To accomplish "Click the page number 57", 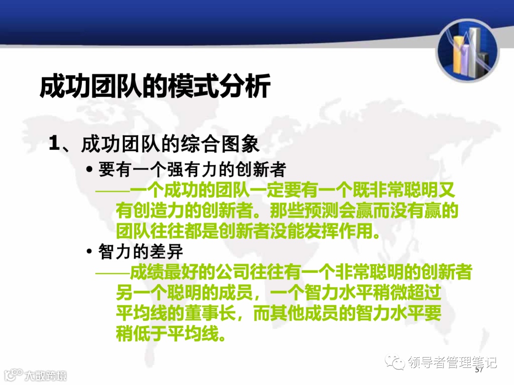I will pyautogui.click(x=479, y=369).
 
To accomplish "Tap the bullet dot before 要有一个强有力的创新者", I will pyautogui.click(x=89, y=170).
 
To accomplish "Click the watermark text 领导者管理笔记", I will pyautogui.click(x=452, y=363).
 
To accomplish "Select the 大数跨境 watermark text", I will pyautogui.click(x=45, y=375).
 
